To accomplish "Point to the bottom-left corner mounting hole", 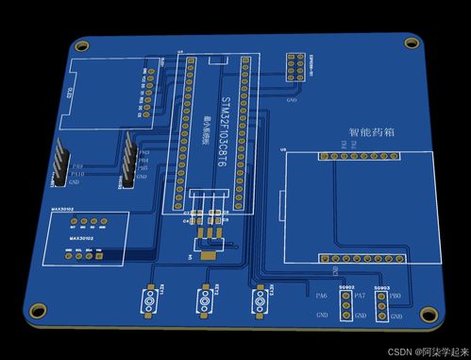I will click(x=38, y=310).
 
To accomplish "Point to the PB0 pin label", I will click(x=395, y=297).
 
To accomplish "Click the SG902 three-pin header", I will click(x=345, y=305).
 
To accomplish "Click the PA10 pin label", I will click(x=78, y=174).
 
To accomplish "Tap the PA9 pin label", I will click(x=76, y=166).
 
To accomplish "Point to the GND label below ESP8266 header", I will click(x=292, y=97).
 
